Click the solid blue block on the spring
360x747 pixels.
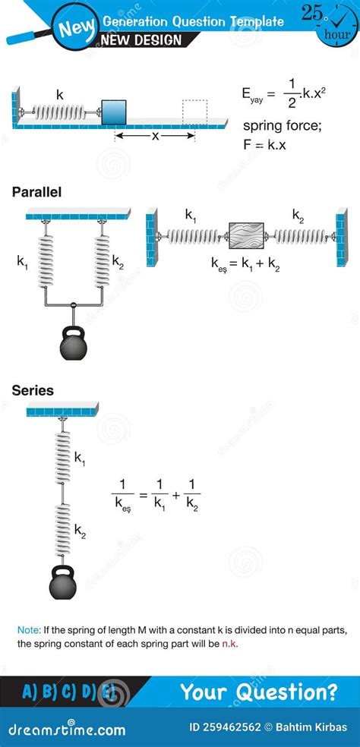pyautogui.click(x=114, y=112)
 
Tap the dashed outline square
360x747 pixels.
pyautogui.click(x=195, y=112)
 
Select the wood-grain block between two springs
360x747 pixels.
pyautogui.click(x=246, y=235)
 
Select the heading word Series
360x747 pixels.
pyautogui.click(x=33, y=391)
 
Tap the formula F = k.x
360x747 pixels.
pyautogui.click(x=265, y=145)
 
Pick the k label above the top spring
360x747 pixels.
pyautogui.click(x=60, y=95)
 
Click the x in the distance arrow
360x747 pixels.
pyautogui.click(x=155, y=136)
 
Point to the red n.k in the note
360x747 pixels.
pyautogui.click(x=229, y=644)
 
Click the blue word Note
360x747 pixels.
pyautogui.click(x=29, y=630)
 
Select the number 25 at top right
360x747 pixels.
pyautogui.click(x=312, y=13)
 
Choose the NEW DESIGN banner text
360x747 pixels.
pyautogui.click(x=141, y=40)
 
